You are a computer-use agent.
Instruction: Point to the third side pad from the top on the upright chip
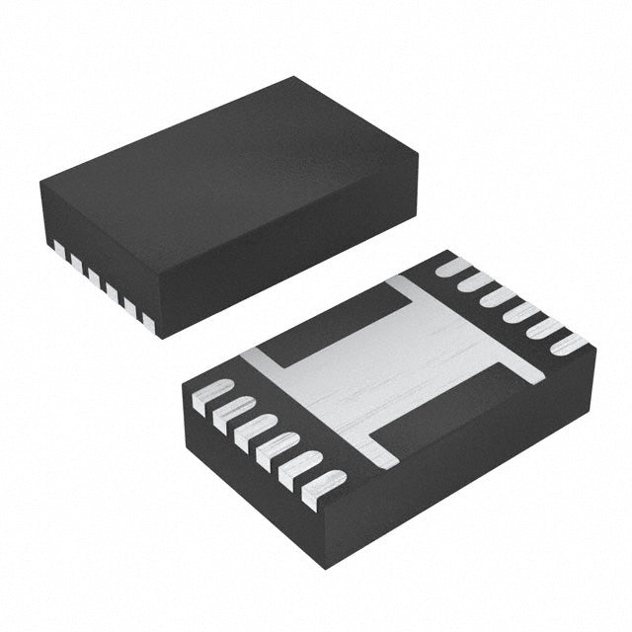[92, 273]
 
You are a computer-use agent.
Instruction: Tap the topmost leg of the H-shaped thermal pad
[405, 289]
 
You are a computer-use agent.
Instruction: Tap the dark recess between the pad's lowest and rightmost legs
[454, 415]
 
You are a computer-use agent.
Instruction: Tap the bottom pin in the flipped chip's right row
[569, 347]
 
